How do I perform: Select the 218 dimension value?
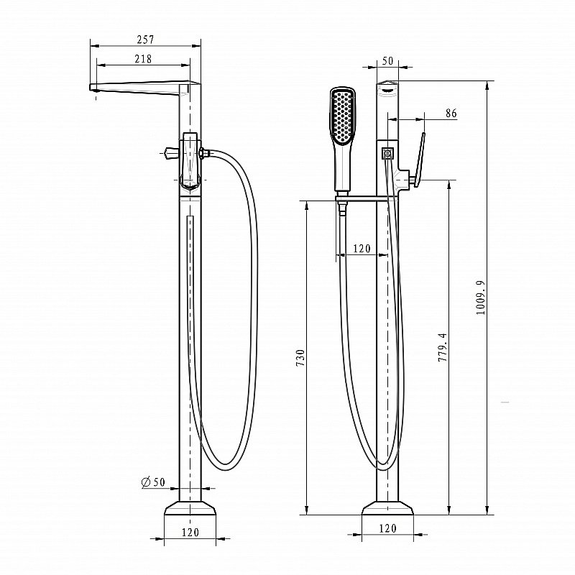pyautogui.click(x=143, y=59)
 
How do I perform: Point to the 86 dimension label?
pyautogui.click(x=451, y=114)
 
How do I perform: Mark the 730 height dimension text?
pyautogui.click(x=300, y=359)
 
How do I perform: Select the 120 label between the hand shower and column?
pyautogui.click(x=362, y=249)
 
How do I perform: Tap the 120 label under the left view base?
pyautogui.click(x=190, y=533)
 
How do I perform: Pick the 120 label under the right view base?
pyautogui.click(x=387, y=529)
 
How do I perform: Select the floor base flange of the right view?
pyautogui.click(x=387, y=507)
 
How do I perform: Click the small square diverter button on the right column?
pyautogui.click(x=387, y=152)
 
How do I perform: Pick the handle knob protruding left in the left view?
pyautogui.click(x=171, y=152)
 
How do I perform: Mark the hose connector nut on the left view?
pyautogui.click(x=206, y=152)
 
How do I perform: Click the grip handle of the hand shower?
pyautogui.click(x=343, y=169)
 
